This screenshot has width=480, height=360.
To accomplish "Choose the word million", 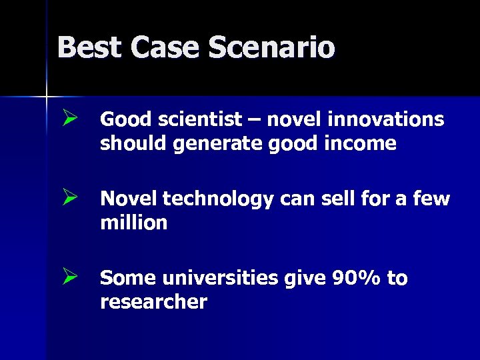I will (133, 223).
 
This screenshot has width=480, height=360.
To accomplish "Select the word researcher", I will (153, 302).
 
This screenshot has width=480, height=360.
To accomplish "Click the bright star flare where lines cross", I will (47, 97).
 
